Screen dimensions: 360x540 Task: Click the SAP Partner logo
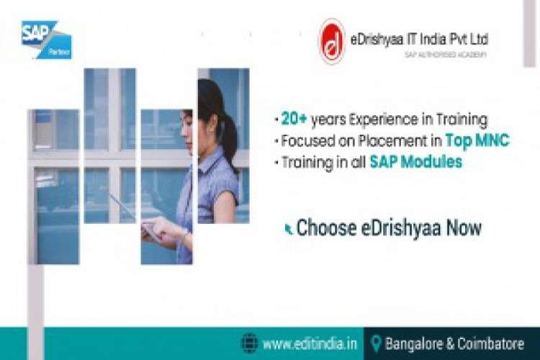[46, 39]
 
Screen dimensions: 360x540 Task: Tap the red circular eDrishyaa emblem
[332, 41]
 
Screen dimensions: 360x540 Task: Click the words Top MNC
[477, 140]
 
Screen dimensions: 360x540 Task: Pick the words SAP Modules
[415, 162]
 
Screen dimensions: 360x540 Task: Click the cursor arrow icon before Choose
[289, 229]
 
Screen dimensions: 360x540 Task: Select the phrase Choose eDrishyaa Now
[389, 228]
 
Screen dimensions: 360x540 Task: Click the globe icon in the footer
[249, 343]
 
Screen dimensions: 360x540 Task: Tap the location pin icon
[375, 343]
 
